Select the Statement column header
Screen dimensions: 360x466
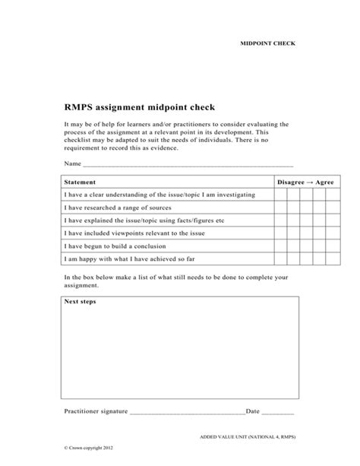[x=81, y=182]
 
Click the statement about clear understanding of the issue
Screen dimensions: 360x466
[x=159, y=195]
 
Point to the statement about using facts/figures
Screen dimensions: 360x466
[x=144, y=220]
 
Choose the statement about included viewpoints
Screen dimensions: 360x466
[x=136, y=233]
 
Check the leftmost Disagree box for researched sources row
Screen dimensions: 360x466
[x=280, y=208]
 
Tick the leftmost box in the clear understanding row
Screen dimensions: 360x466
[x=280, y=195]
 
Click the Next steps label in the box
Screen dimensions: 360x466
[x=80, y=302]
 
